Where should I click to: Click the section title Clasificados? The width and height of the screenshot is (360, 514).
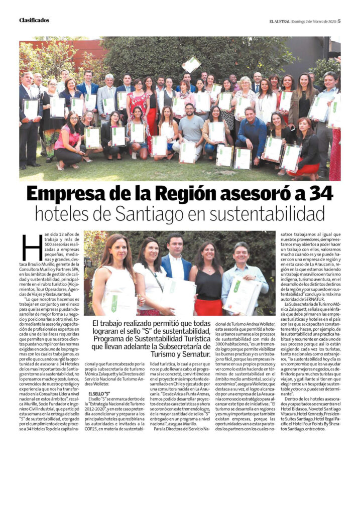click(34, 21)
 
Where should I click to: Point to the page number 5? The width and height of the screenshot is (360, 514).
click(339, 21)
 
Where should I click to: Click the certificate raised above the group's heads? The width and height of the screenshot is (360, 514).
click(191, 64)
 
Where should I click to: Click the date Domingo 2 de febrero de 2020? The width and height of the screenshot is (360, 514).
click(312, 21)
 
